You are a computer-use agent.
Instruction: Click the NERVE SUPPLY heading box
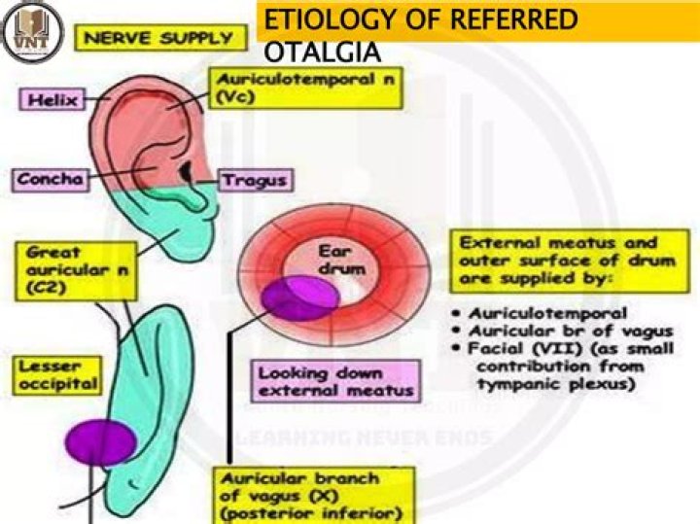click(x=160, y=40)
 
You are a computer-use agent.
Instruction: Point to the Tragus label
click(x=254, y=181)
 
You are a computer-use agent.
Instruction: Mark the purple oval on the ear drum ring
click(x=299, y=297)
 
